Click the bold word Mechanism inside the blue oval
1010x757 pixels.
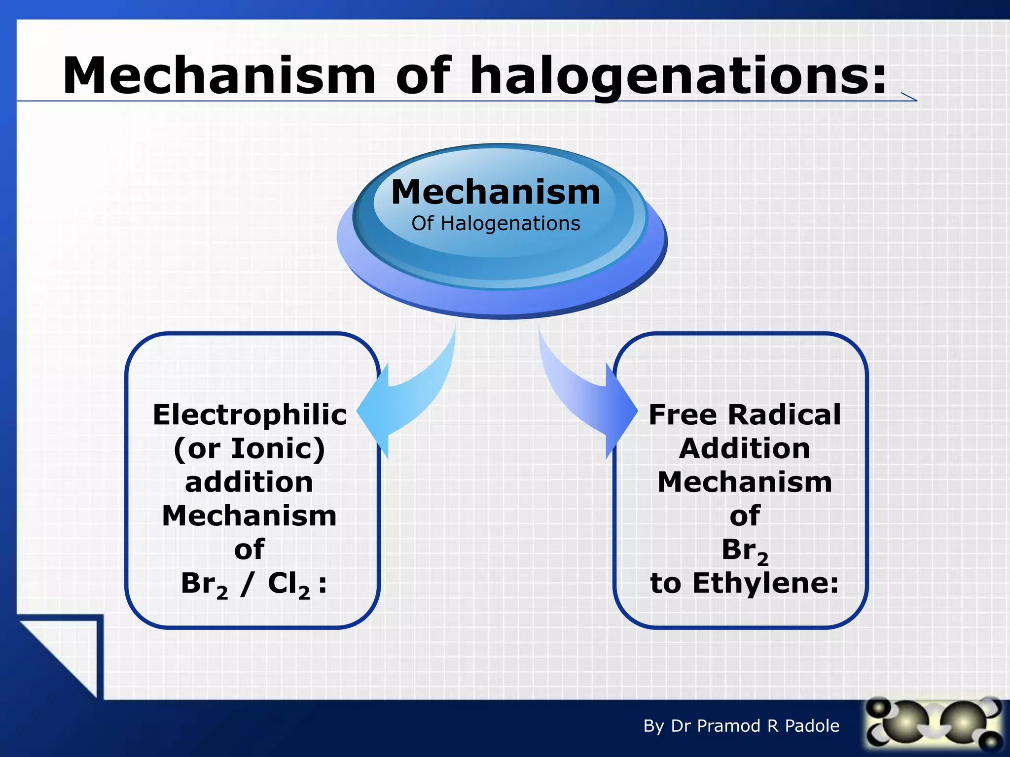pos(496,192)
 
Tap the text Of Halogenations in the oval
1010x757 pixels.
pos(496,224)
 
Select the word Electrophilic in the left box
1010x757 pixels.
pos(250,415)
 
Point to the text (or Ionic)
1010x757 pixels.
pos(250,449)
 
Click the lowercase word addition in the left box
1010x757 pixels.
pos(249,482)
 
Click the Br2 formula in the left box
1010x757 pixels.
pos(204,585)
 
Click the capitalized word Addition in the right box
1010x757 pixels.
pos(744,449)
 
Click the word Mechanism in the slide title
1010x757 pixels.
pos(219,76)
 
